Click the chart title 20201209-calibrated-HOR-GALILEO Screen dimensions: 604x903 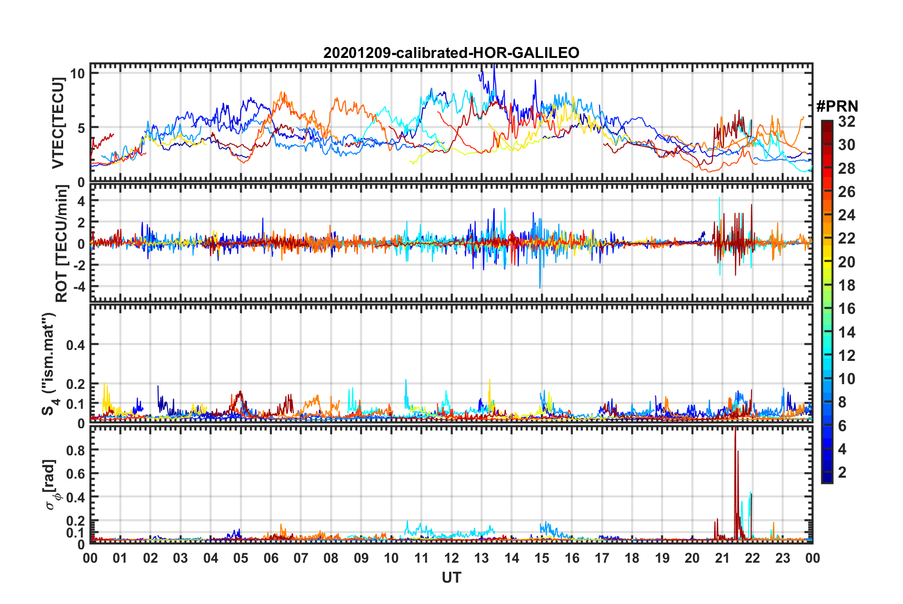coord(451,53)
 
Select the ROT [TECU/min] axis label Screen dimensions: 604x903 coord(62,244)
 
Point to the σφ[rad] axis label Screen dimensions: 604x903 coord(51,484)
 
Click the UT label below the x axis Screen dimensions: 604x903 coord(451,577)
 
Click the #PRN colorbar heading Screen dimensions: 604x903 coord(837,106)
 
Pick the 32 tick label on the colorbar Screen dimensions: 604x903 coord(847,122)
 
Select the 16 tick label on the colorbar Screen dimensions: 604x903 coord(847,309)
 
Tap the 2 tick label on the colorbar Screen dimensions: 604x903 coord(842,472)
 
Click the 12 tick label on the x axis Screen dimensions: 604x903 coord(451,558)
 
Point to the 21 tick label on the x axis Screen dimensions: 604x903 coord(722,558)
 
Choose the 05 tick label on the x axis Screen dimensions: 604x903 coord(241,558)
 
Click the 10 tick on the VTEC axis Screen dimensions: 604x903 coord(77,73)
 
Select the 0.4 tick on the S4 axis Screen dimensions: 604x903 coord(75,345)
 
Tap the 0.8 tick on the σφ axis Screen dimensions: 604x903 coord(75,450)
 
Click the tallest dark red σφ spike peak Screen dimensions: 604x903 coord(735,428)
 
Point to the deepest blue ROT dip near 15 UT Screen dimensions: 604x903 coord(540,287)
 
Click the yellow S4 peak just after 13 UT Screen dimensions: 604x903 coord(489,380)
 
